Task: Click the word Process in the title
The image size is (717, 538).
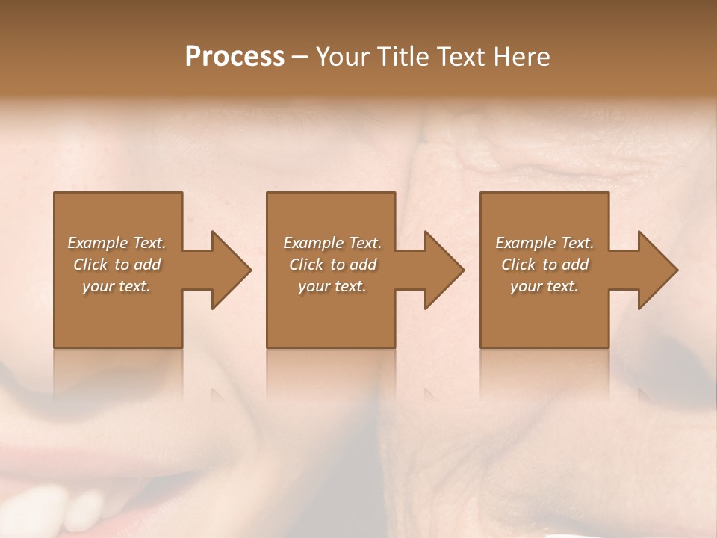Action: pyautogui.click(x=235, y=57)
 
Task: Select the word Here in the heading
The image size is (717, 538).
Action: pyautogui.click(x=522, y=57)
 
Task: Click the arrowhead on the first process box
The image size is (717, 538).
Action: pyautogui.click(x=227, y=270)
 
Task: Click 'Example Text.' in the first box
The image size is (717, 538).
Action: pyautogui.click(x=117, y=243)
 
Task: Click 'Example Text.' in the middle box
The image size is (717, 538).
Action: pyautogui.click(x=332, y=243)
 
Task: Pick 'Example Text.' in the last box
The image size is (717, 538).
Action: pyautogui.click(x=544, y=243)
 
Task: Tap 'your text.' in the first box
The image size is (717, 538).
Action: pyautogui.click(x=117, y=286)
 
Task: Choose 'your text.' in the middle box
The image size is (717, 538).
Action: pyautogui.click(x=332, y=286)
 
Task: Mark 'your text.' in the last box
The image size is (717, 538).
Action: pyautogui.click(x=544, y=286)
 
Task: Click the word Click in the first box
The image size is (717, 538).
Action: pyautogui.click(x=90, y=265)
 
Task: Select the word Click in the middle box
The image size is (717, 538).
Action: pyautogui.click(x=306, y=265)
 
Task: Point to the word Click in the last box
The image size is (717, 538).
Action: pyautogui.click(x=518, y=265)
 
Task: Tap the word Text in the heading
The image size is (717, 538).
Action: pyautogui.click(x=463, y=57)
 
